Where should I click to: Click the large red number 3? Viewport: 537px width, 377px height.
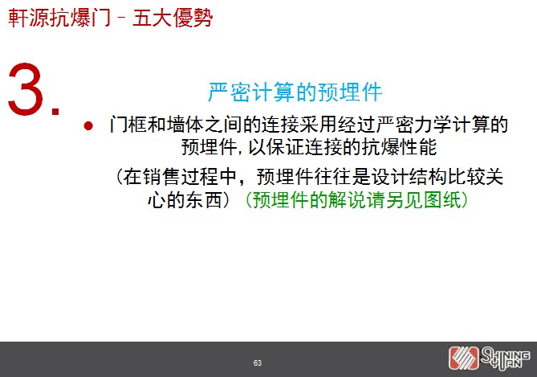tap(26, 89)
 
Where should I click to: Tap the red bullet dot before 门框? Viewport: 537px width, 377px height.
tap(88, 126)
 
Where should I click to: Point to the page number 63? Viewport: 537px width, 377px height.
tap(258, 363)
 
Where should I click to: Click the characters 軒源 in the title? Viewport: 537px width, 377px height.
tap(29, 18)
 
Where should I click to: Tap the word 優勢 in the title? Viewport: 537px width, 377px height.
tap(193, 18)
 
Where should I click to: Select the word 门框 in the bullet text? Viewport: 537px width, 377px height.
tap(128, 124)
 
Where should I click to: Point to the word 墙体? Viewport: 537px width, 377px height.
tap(185, 124)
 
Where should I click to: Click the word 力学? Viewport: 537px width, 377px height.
tap(433, 124)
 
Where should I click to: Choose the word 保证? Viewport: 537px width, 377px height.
tap(285, 147)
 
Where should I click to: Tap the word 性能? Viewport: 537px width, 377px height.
tap(418, 147)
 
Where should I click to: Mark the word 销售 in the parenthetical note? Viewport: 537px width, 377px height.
tap(162, 177)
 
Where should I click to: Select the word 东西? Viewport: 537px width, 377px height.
tap(204, 199)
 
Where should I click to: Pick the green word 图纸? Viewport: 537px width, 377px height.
tap(443, 199)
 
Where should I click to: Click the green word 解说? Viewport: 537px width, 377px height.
tap(348, 199)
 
